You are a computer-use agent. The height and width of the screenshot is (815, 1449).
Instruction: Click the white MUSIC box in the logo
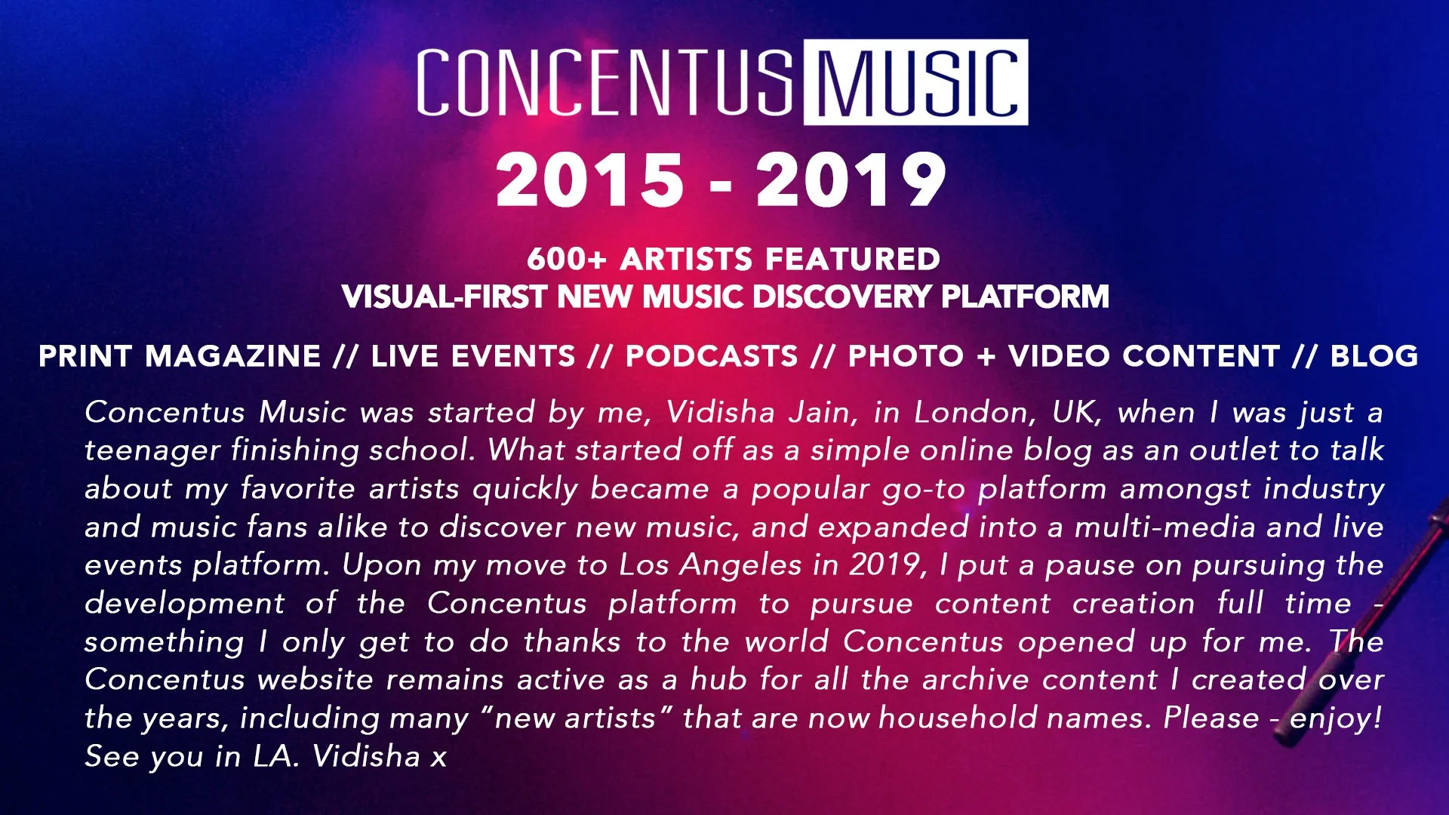point(915,82)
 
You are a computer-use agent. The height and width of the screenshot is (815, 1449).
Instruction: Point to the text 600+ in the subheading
point(566,259)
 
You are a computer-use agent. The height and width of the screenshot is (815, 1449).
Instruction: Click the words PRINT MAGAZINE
point(180,356)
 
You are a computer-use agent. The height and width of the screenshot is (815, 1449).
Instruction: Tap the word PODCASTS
point(712,356)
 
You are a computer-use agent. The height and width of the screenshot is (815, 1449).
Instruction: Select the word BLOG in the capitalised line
point(1374,356)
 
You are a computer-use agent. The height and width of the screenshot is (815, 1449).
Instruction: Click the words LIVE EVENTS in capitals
point(473,356)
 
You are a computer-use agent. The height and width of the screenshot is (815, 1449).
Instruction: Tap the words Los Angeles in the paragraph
point(709,565)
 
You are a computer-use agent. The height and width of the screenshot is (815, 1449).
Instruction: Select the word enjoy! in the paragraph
point(1336,718)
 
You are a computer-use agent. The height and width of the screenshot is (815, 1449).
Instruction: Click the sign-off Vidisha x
point(379,756)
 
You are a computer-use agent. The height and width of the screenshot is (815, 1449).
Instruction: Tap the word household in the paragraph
point(958,718)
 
